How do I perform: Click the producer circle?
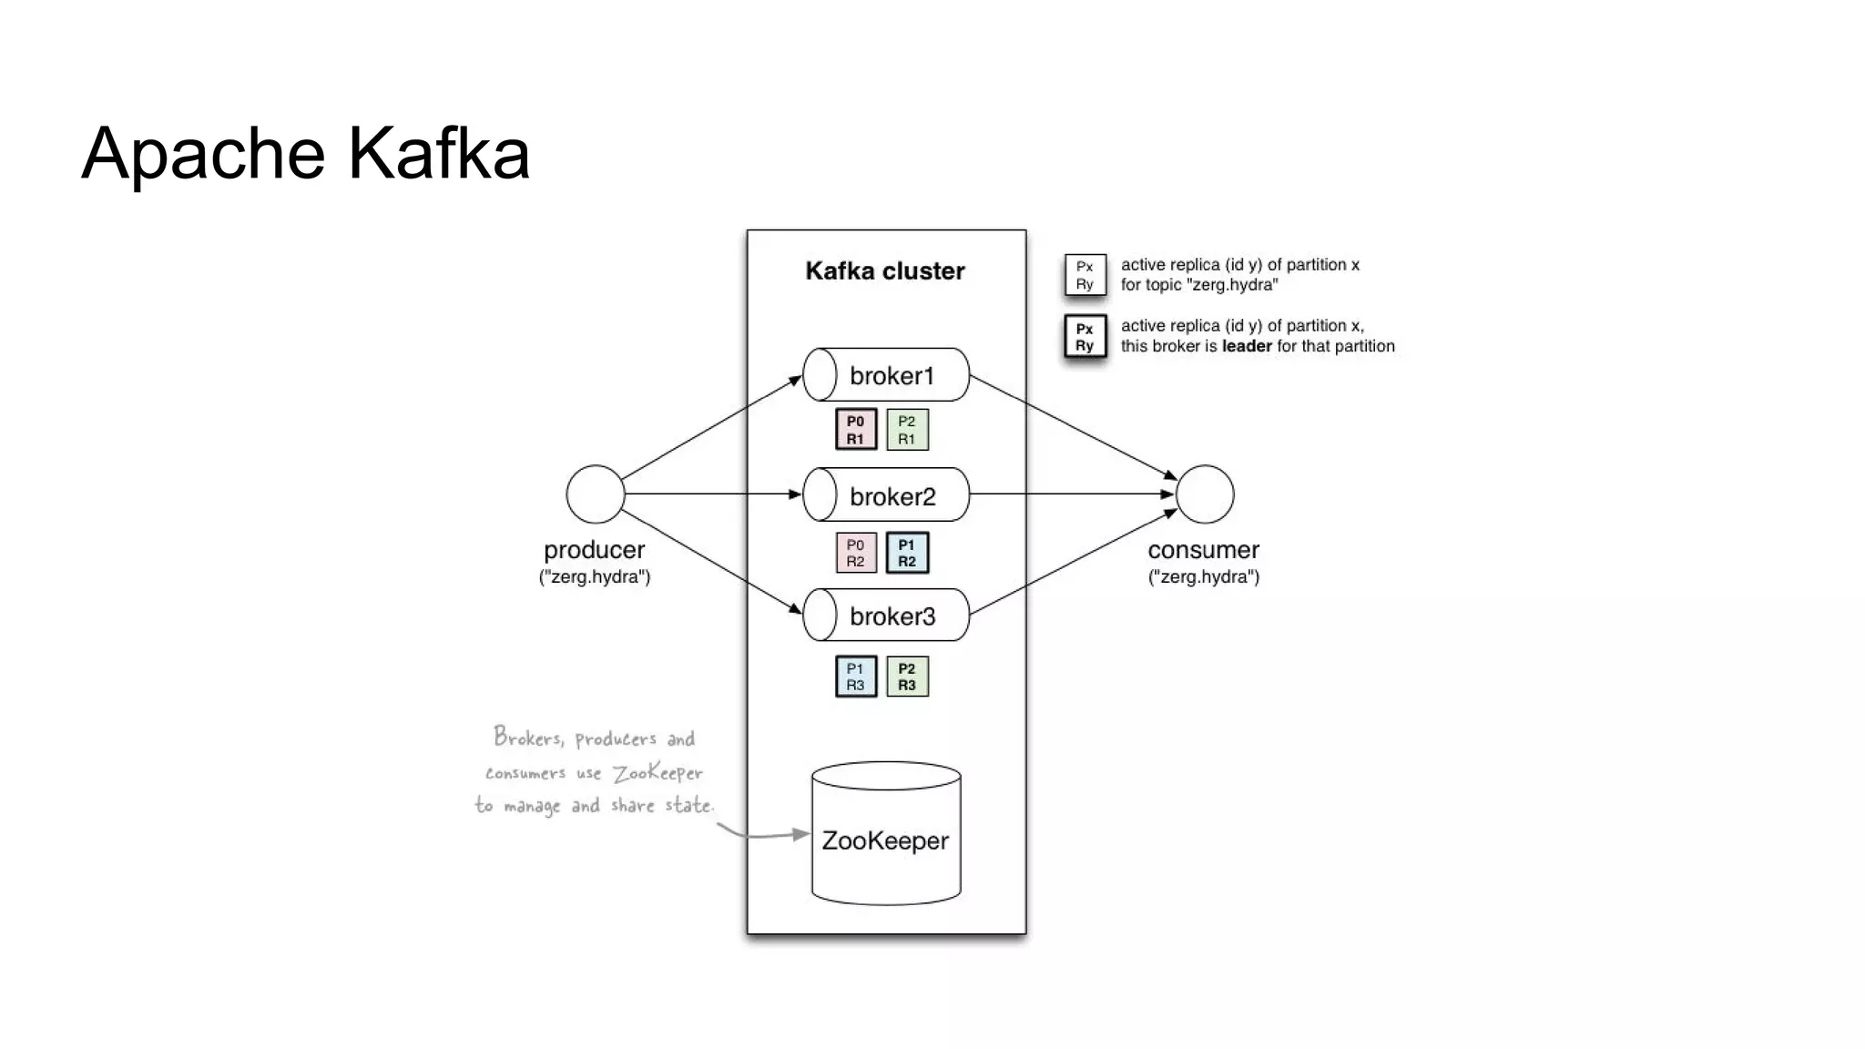(596, 494)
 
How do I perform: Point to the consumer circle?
(1205, 494)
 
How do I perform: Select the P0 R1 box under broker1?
(856, 430)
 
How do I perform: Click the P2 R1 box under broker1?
(907, 430)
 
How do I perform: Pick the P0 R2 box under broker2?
(856, 553)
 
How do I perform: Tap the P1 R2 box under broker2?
(907, 553)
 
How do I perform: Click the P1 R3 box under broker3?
(856, 677)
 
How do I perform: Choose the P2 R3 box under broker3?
(907, 677)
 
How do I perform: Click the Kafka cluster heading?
(884, 271)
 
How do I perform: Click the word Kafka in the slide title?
(438, 153)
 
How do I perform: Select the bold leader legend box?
(1085, 337)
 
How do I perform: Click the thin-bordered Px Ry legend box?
(1085, 275)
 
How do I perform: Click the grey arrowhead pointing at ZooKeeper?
(800, 833)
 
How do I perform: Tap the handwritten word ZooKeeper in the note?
(657, 773)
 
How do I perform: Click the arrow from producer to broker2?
(710, 494)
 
